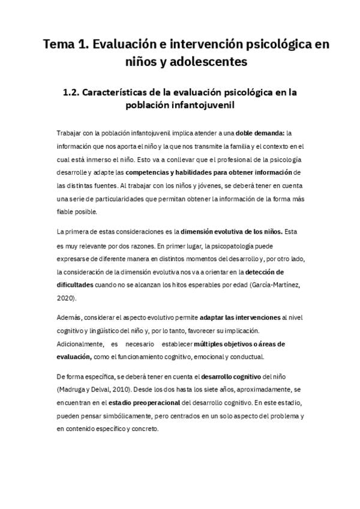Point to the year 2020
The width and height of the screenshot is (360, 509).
click(66, 298)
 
